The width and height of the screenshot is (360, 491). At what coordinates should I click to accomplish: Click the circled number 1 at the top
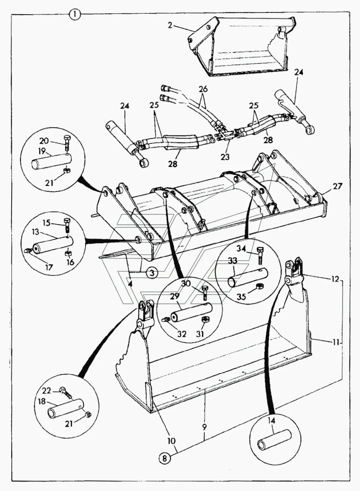click(74, 15)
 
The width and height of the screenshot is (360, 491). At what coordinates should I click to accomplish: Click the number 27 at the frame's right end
click(338, 186)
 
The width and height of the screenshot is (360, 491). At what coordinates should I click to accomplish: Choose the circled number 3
click(152, 273)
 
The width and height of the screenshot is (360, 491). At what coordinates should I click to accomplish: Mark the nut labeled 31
click(204, 319)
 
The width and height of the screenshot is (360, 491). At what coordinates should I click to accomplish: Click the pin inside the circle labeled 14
click(273, 440)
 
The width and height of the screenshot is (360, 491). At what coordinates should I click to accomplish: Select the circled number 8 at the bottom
click(165, 458)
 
